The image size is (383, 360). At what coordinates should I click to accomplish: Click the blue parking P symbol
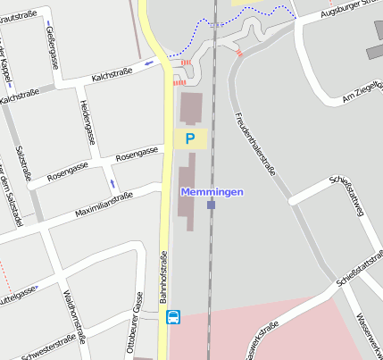[189, 138]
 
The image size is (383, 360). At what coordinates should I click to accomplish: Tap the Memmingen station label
[212, 192]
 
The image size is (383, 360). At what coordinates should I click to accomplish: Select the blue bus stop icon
[173, 316]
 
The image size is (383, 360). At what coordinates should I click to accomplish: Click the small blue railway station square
[211, 205]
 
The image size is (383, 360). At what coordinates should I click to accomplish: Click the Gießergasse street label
[52, 47]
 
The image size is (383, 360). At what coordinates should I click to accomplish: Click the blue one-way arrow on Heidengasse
[112, 182]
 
